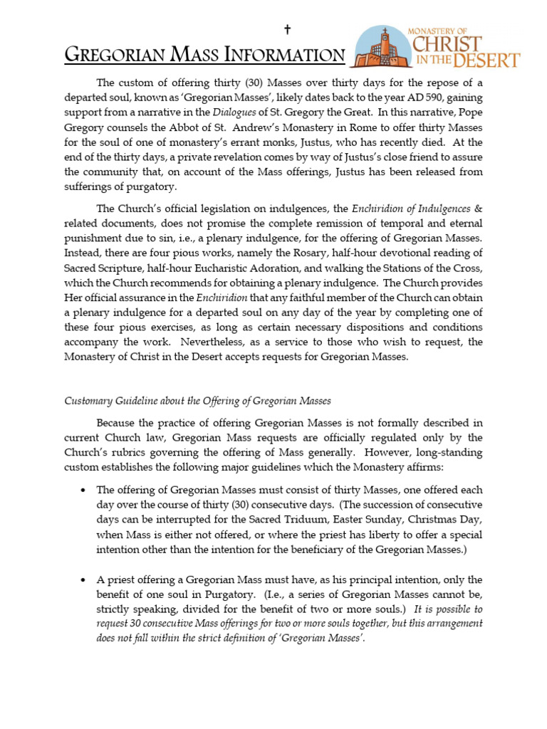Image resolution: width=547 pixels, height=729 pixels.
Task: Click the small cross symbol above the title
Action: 287,29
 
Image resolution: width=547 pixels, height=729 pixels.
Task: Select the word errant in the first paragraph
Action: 265,142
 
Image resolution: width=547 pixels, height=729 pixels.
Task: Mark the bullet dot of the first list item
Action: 84,491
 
